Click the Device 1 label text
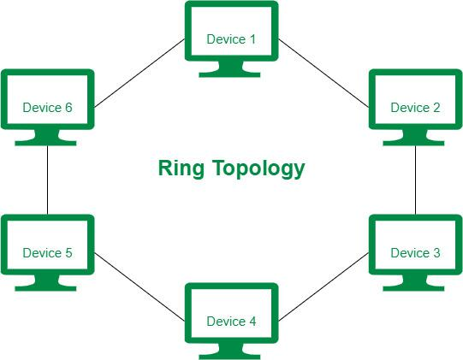coord(231,39)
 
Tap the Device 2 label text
coord(415,108)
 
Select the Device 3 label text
coord(415,253)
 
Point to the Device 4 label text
coord(231,322)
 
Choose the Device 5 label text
coord(47,253)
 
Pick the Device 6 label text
coord(47,108)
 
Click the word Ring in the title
coord(181,168)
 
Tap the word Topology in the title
coord(258,168)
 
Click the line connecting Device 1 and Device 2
coord(324,74)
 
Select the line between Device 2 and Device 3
coord(415,180)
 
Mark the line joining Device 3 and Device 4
coord(324,286)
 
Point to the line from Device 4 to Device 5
coord(139,286)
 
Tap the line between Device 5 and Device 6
coord(47,180)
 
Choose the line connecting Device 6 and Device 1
coord(139,74)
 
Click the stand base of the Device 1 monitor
coord(229,74)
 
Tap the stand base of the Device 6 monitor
coord(45,143)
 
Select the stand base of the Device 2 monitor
coord(413,143)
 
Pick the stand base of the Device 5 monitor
coord(45,288)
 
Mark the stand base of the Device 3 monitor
coord(413,288)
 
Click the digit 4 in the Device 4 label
coord(252,322)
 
